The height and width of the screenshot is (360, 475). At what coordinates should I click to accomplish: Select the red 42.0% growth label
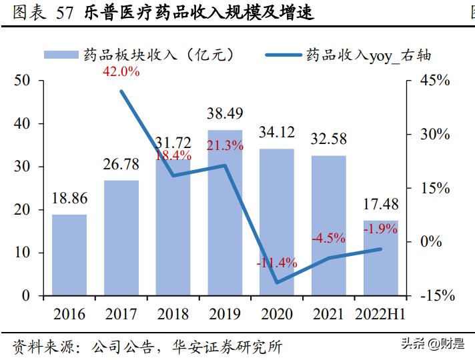121,72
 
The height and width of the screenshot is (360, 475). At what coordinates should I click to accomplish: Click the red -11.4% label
276,263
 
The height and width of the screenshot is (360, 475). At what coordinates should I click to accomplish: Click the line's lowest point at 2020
277,283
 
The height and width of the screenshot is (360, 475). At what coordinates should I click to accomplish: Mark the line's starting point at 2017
121,91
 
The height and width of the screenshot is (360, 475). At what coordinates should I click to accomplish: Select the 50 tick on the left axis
22,81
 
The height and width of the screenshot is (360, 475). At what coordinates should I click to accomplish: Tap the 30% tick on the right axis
434,134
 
